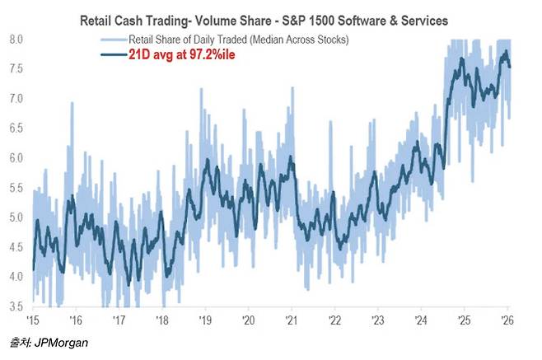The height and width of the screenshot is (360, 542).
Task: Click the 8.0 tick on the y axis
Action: coord(16,40)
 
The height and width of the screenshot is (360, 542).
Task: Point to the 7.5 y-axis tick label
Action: coord(16,69)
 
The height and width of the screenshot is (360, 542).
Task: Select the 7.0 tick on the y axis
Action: coord(16,99)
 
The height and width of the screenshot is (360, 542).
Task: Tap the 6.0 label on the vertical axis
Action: coord(16,158)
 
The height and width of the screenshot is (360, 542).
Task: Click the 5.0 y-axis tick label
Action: coord(16,217)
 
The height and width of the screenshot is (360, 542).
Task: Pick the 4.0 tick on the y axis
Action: coord(16,277)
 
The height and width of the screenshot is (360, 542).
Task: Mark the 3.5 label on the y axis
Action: coord(16,306)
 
